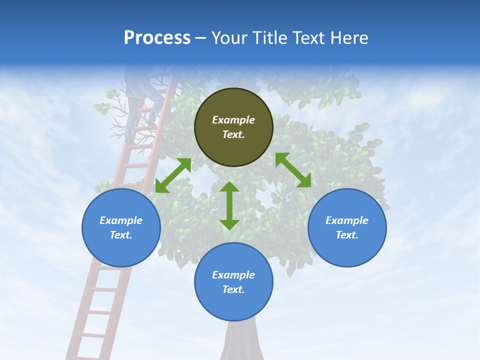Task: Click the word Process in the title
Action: click(x=157, y=38)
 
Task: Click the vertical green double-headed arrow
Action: click(x=229, y=205)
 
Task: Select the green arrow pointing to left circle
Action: click(x=173, y=175)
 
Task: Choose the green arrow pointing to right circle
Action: click(x=293, y=170)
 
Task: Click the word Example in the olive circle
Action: click(x=233, y=120)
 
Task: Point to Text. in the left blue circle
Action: click(x=121, y=235)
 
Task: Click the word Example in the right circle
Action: click(x=347, y=220)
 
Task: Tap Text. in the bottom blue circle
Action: click(x=233, y=289)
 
